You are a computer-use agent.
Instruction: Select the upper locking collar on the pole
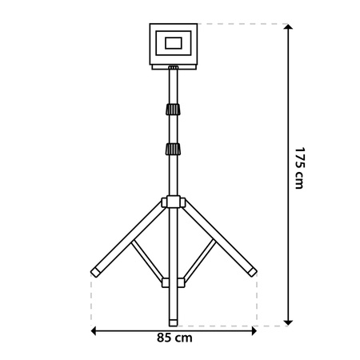173,111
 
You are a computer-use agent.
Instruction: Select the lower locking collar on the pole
173,149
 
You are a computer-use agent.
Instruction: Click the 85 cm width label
174,338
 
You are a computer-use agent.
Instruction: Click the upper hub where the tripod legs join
173,203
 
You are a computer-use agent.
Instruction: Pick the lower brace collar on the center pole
173,282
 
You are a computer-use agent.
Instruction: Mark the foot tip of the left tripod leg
94,273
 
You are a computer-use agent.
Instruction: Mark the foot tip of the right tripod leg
252,273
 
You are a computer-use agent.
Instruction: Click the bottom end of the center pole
173,322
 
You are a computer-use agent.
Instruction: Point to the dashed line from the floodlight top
240,24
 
